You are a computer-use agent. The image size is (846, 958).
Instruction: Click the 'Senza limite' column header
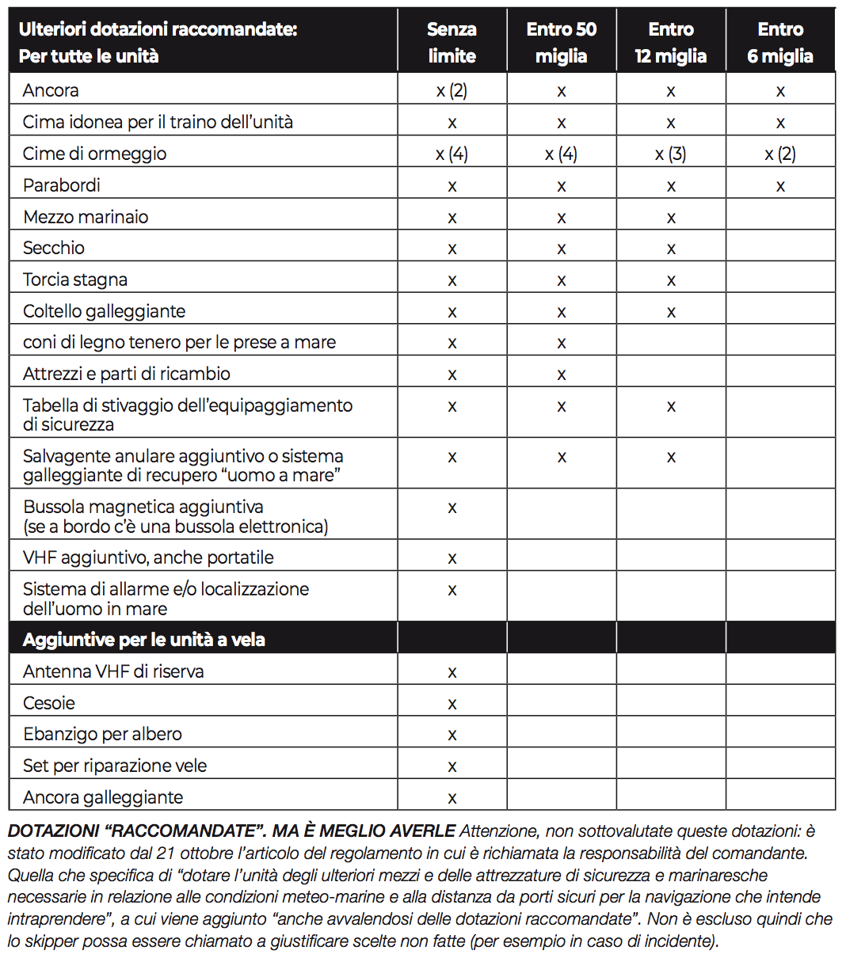point(452,42)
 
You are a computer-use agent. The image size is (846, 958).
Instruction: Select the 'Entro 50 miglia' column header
point(561,42)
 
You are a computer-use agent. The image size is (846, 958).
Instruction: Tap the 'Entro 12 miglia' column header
point(671,42)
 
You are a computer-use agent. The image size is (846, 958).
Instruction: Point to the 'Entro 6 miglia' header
point(780,42)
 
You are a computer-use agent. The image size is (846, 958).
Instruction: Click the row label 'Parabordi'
point(61,185)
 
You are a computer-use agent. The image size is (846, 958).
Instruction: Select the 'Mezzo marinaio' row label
point(86,217)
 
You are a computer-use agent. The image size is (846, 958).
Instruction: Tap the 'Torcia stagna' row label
point(75,279)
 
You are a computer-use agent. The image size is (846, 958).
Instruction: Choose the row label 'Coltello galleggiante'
point(104,311)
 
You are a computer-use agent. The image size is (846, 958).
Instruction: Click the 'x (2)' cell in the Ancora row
point(452,91)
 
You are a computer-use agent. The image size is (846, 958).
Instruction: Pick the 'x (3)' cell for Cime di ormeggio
point(670,154)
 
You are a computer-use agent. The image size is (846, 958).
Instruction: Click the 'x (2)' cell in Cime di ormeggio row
point(780,154)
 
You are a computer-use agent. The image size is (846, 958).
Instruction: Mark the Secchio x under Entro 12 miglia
point(671,249)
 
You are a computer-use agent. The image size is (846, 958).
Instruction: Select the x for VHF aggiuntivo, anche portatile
point(452,559)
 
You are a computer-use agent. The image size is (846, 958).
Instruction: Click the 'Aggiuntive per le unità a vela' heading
point(143,640)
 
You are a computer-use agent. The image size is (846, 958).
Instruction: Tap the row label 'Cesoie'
point(49,703)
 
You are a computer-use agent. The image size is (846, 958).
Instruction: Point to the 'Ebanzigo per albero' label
point(102,734)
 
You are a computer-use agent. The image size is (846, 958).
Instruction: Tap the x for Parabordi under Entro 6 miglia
point(780,187)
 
